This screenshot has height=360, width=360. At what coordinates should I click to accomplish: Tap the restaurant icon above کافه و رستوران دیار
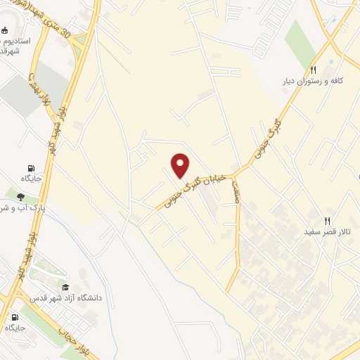click(x=313, y=70)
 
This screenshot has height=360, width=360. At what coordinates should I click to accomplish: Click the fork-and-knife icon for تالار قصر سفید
click(x=327, y=220)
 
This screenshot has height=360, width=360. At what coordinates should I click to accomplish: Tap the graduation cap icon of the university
click(x=65, y=287)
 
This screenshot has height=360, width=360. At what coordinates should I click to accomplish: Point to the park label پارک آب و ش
click(x=21, y=209)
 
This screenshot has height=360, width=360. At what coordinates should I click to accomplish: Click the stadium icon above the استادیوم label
click(x=6, y=30)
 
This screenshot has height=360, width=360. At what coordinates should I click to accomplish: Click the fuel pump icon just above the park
click(x=31, y=168)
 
